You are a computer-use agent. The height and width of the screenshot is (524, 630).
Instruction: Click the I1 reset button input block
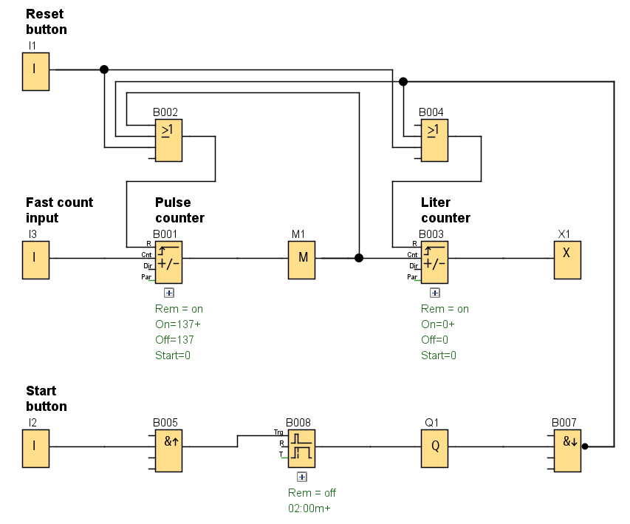(x=35, y=71)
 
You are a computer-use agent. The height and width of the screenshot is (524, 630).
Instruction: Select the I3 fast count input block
(x=35, y=259)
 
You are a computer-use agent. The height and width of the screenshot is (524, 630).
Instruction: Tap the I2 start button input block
(x=35, y=448)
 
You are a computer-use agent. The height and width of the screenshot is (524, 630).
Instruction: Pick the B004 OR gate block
(x=434, y=140)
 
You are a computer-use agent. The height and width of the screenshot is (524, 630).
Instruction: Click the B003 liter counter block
(x=434, y=262)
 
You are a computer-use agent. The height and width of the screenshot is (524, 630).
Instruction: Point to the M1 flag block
(x=301, y=259)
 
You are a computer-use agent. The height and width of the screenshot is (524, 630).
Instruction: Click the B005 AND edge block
(x=168, y=451)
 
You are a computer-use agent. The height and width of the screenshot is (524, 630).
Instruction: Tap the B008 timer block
(x=301, y=448)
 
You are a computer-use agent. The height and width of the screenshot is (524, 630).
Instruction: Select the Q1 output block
(x=434, y=448)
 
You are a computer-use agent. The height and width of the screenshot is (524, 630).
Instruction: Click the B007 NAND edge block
(x=567, y=451)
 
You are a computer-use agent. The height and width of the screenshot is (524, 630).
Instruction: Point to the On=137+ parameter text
(x=178, y=324)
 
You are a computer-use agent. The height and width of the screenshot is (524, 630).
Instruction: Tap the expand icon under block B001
(x=169, y=293)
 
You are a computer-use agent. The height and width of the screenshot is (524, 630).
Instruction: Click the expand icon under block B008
(x=301, y=477)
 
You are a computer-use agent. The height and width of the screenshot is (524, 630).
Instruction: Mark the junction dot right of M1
(x=359, y=258)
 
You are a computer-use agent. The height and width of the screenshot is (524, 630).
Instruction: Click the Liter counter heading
(x=446, y=210)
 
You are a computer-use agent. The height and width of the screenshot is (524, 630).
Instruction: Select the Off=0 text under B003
(x=434, y=340)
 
